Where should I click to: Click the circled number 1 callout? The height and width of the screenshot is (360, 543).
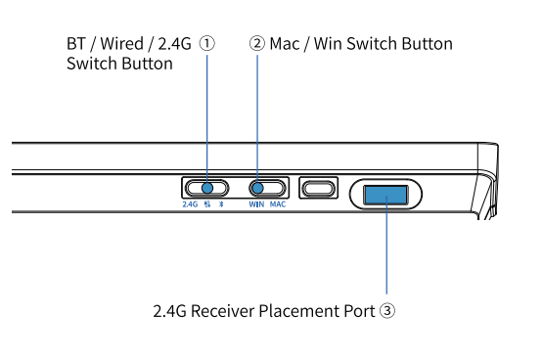pyautogui.click(x=207, y=44)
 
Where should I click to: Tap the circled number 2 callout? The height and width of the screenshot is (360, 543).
pyautogui.click(x=257, y=44)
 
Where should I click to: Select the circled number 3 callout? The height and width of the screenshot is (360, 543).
pyautogui.click(x=386, y=310)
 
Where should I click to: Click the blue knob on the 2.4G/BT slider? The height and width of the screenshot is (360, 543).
pyautogui.click(x=207, y=188)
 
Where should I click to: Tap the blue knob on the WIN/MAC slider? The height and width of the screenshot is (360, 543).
pyautogui.click(x=257, y=188)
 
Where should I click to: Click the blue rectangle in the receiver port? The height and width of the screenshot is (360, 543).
pyautogui.click(x=385, y=195)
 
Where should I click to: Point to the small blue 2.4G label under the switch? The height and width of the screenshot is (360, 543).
pyautogui.click(x=190, y=204)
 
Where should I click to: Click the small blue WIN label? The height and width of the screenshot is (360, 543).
pyautogui.click(x=256, y=204)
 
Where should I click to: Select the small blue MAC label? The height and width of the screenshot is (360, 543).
pyautogui.click(x=278, y=204)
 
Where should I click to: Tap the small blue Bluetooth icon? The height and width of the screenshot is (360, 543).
pyautogui.click(x=221, y=204)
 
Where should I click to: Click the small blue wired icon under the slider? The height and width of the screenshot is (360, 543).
pyautogui.click(x=207, y=204)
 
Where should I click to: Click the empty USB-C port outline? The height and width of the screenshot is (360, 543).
pyautogui.click(x=319, y=189)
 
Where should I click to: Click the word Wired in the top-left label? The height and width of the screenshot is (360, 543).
pyautogui.click(x=121, y=44)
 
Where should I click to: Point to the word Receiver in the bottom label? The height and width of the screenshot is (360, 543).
pyautogui.click(x=223, y=311)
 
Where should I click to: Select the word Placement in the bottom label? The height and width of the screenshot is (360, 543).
pyautogui.click(x=299, y=311)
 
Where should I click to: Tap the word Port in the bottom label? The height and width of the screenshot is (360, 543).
pyautogui.click(x=359, y=311)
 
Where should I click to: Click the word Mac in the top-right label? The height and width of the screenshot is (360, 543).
pyautogui.click(x=285, y=44)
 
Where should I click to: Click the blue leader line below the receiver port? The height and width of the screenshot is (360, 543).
pyautogui.click(x=386, y=246)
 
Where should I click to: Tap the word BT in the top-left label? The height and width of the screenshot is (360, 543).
pyautogui.click(x=76, y=44)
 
